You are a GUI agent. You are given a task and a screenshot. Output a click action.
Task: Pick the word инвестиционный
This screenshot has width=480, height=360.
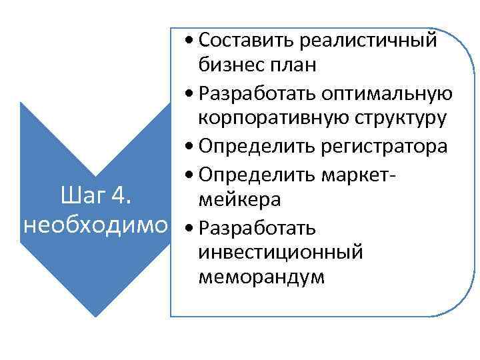tap(280, 252)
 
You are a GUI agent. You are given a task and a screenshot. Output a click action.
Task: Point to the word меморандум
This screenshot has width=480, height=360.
tap(261, 277)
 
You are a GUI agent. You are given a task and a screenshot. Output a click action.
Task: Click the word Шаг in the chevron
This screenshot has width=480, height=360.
tap(81, 197)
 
